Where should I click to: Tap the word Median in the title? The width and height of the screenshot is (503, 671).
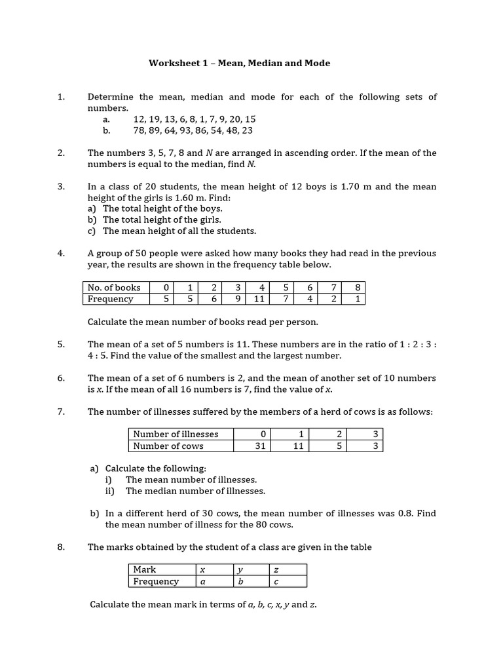coord(266,64)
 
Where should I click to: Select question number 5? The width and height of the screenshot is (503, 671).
coord(61,344)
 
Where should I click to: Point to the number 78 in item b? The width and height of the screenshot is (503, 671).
coord(139,130)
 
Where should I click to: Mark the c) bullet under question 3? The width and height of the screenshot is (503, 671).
coord(92,231)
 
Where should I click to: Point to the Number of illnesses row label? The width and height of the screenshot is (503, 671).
coord(176,434)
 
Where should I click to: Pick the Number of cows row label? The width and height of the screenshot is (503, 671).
coord(168,446)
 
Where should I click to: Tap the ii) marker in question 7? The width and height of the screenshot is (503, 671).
coord(109,491)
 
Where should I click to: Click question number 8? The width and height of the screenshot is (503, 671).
coord(61,547)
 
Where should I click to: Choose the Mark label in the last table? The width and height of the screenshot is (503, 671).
coord(145,569)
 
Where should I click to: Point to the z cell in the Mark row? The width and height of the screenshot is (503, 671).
coord(276,569)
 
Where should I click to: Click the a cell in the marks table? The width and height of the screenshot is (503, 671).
coord(203,581)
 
